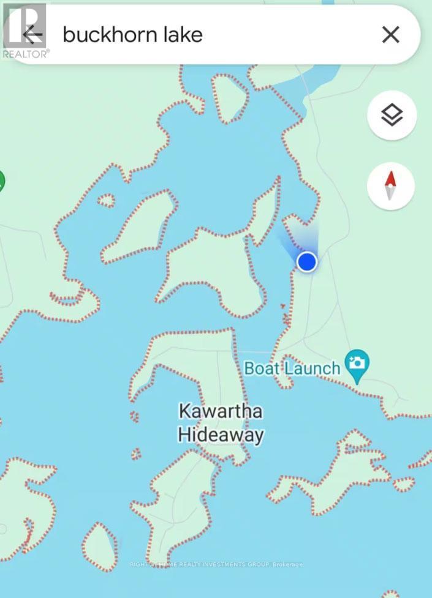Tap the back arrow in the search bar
(x=32, y=35)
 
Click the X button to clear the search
(x=390, y=35)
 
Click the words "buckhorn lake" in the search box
(x=132, y=35)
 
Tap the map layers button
(x=392, y=116)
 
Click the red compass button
(x=391, y=185)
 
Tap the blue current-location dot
(x=306, y=262)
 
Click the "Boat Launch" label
(x=292, y=368)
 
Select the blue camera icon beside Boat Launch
(x=356, y=363)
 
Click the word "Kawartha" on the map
(x=221, y=411)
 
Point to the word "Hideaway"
(x=221, y=435)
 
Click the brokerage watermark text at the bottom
(x=216, y=564)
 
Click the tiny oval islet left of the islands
(x=106, y=200)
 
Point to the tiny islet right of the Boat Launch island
(x=404, y=485)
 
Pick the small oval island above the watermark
(x=100, y=547)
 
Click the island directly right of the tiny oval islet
(x=140, y=226)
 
